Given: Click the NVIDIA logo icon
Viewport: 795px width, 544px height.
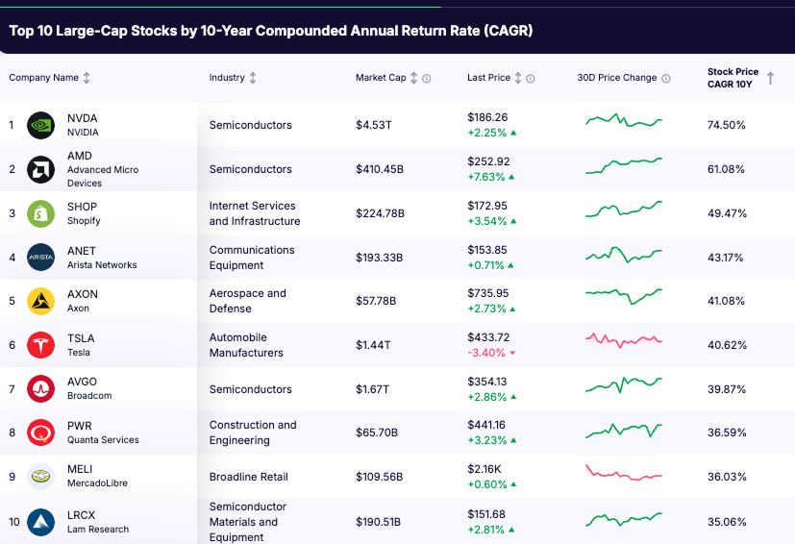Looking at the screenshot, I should click(x=40, y=125).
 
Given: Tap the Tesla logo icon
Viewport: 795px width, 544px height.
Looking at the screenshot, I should click(x=40, y=345).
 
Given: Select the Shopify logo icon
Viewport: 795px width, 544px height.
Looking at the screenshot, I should click(x=40, y=213).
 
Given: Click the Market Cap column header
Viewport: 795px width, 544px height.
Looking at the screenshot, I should click(x=381, y=78).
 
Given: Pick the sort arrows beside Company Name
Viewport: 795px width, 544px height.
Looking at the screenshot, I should click(x=87, y=78).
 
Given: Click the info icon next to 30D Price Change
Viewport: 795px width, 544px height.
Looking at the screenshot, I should click(x=666, y=79).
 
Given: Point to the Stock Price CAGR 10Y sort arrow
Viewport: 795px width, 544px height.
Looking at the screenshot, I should click(x=770, y=78).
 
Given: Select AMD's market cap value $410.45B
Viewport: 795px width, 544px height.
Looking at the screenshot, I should click(x=380, y=169).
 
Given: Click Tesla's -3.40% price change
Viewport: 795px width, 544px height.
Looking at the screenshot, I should click(x=486, y=353).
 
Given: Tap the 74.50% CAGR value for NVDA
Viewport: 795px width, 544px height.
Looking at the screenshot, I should click(x=727, y=125).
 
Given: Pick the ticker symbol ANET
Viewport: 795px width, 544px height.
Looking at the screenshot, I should click(x=82, y=251).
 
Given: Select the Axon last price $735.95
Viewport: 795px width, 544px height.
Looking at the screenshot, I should click(x=487, y=293).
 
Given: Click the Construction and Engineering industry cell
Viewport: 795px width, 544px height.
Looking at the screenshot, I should click(x=253, y=433).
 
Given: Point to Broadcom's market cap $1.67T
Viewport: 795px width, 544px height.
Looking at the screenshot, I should click(x=372, y=389).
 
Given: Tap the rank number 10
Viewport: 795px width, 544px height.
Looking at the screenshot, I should click(x=12, y=522).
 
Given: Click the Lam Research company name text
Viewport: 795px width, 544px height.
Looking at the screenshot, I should click(x=97, y=530).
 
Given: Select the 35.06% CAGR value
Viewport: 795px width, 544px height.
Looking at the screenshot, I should click(x=727, y=522).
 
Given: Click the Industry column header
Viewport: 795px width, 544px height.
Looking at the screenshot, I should click(x=227, y=78).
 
